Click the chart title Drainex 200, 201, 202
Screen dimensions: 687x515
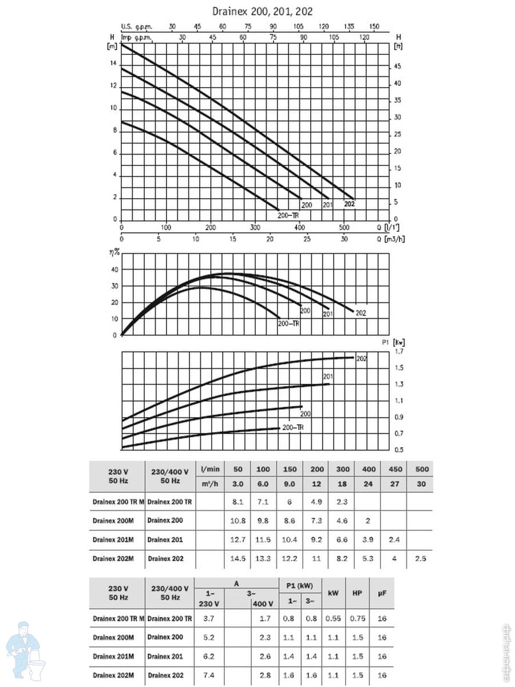263,11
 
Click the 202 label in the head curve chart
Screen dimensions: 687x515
350,204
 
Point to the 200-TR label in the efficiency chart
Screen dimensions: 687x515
288,323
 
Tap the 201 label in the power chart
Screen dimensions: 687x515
328,376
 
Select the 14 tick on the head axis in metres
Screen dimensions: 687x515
113,64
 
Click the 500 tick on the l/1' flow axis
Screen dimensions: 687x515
343,227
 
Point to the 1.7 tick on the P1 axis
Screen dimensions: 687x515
399,351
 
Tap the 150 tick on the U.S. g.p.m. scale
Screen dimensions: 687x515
374,26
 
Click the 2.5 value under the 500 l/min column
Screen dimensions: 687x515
421,558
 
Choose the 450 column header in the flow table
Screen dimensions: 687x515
395,469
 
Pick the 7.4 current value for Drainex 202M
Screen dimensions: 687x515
209,676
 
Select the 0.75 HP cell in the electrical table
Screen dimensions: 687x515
357,619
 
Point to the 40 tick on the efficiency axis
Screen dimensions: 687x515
114,270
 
